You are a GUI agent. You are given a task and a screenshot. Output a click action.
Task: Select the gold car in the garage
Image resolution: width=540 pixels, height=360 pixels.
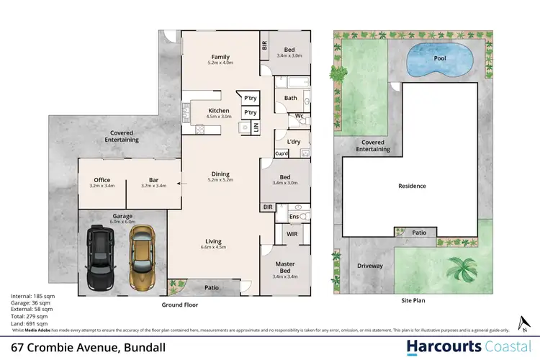141,256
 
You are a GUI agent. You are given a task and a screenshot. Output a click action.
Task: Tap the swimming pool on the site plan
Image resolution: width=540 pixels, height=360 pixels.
434,60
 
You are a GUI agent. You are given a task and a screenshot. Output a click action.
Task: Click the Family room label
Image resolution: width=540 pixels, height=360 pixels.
220,57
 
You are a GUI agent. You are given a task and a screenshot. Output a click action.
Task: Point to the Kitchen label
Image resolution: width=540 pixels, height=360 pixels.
219,110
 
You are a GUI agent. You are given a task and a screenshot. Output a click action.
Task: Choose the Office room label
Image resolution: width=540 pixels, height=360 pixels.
102,180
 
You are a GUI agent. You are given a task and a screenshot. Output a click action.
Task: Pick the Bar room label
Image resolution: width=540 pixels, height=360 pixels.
146,180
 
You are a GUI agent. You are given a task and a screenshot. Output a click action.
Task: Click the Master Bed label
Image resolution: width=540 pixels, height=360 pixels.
286,266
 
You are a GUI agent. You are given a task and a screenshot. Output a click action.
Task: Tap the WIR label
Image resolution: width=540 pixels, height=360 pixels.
292,233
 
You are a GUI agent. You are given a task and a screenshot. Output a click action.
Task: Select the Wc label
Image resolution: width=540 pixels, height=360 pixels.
298,115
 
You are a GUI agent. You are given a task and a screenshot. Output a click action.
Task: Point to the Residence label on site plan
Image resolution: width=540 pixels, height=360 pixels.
413,186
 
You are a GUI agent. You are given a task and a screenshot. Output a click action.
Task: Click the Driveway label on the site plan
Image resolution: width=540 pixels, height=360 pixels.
370,266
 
